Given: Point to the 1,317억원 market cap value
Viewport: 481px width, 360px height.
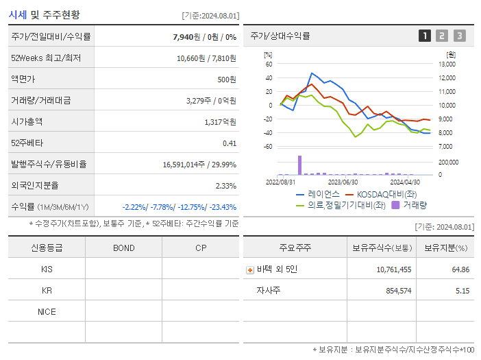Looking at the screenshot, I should [220, 121].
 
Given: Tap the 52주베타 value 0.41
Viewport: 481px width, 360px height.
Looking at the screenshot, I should [229, 143].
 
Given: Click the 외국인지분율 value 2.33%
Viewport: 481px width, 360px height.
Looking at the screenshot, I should [225, 185].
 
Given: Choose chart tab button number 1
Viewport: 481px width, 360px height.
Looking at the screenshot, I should [425, 36].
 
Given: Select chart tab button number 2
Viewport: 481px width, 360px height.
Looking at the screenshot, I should [442, 36].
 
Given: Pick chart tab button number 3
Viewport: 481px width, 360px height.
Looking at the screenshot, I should [459, 36].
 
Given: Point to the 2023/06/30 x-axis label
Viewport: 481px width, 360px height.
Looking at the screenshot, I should [343, 182].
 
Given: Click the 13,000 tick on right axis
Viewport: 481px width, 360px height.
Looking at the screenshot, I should [447, 64].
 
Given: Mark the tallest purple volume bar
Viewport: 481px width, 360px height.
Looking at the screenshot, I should [299, 165].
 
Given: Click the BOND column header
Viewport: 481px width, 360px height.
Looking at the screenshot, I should [123, 248].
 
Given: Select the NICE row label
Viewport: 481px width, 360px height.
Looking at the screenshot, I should [47, 311].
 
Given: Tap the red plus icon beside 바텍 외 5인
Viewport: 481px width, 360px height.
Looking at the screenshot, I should [250, 269].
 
